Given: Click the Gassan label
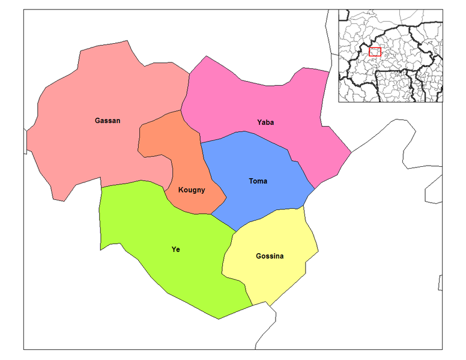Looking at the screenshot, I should coord(107,121).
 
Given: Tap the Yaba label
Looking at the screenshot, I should coord(265,122).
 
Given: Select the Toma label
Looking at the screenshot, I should coord(258,181).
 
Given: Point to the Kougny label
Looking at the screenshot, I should coord(192,190).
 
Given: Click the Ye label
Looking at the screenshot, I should coord(175,250).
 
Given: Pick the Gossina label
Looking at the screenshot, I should coord(270,256).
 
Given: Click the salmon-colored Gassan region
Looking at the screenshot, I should coord(78,150).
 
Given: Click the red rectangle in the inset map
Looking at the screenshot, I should coord(375,52).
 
